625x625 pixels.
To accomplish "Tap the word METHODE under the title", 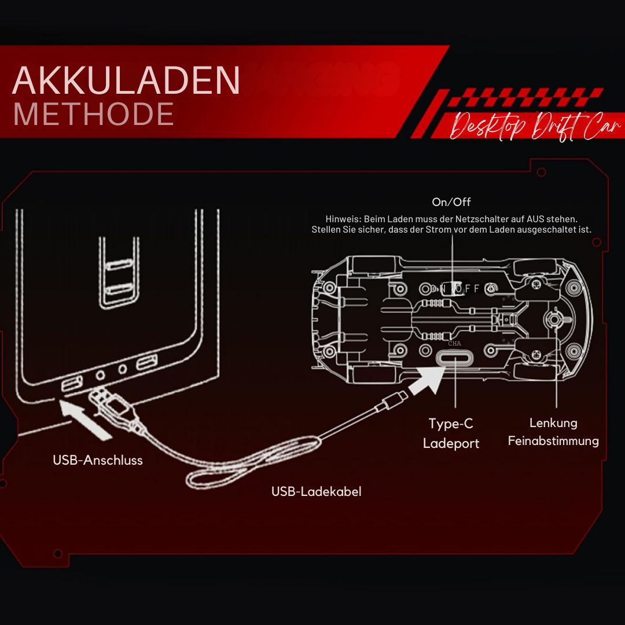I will (93, 114).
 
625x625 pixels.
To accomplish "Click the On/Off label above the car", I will (451, 202).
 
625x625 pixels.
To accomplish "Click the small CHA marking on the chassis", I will (454, 343).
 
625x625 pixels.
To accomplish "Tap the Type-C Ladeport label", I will (451, 433).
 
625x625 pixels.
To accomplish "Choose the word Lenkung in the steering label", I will (553, 423).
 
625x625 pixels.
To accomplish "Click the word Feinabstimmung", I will (553, 441).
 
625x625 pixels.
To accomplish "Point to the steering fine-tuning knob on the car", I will (555, 319).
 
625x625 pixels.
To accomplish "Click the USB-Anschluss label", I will (98, 460).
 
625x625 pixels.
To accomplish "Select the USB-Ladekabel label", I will (317, 491).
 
